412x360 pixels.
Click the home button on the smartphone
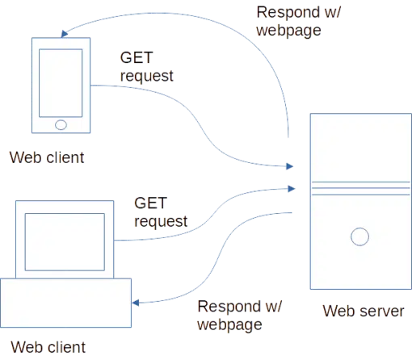(x=61, y=125)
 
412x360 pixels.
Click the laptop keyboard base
(x=65, y=303)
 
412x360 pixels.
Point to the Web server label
(x=364, y=311)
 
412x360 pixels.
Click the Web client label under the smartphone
(x=47, y=157)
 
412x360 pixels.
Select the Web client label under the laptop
(x=48, y=347)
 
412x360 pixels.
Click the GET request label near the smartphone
(x=147, y=66)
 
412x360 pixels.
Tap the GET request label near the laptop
(x=161, y=212)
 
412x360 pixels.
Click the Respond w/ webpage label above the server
(x=299, y=21)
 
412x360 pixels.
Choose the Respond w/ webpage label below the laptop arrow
(x=239, y=315)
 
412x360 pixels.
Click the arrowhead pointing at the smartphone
(x=64, y=34)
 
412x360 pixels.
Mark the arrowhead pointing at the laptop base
(x=136, y=303)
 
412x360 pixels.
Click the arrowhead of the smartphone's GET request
(x=290, y=166)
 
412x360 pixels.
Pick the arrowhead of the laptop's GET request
(x=292, y=189)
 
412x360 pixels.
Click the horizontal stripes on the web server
(x=361, y=188)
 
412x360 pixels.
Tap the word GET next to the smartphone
(x=137, y=57)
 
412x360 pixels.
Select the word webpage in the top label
(x=288, y=31)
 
